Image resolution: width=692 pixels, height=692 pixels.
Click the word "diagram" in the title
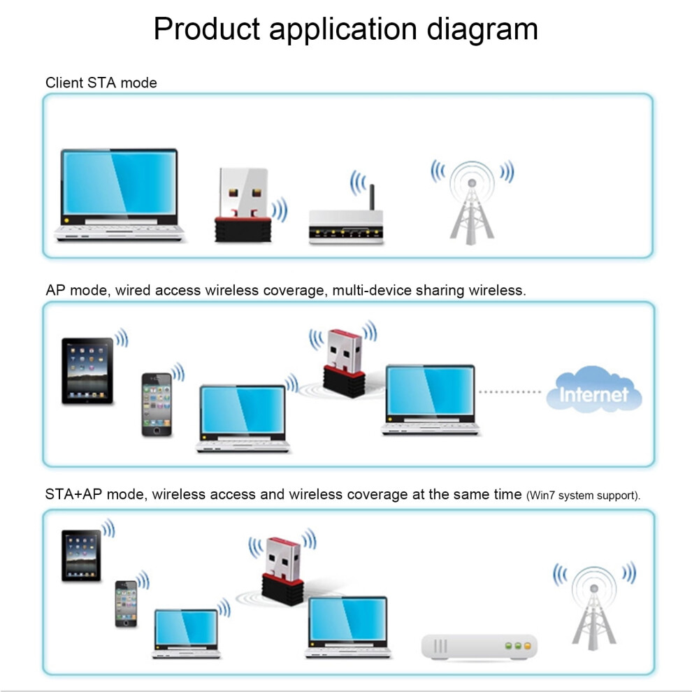[x=482, y=30]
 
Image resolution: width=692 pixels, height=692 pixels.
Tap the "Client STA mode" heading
[x=101, y=82]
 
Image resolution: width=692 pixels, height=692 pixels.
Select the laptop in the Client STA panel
[x=119, y=195]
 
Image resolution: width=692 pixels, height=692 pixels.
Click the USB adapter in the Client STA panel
[x=243, y=205]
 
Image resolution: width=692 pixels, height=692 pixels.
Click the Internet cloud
[x=594, y=390]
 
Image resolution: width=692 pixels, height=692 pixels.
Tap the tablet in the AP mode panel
[x=87, y=370]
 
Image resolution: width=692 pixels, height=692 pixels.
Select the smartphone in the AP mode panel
[x=157, y=405]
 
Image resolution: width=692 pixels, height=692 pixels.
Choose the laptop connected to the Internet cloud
[x=430, y=399]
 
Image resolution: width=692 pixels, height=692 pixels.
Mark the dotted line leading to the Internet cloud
[x=510, y=392]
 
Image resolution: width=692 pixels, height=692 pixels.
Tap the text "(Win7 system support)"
[x=582, y=496]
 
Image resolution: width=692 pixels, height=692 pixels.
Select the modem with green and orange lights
[x=480, y=647]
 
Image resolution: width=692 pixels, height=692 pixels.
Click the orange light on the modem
[x=527, y=646]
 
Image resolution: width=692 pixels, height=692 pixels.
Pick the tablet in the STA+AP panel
[x=81, y=555]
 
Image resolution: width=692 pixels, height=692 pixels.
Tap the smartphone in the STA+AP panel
[x=126, y=604]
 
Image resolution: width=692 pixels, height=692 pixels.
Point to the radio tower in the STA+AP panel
[x=593, y=608]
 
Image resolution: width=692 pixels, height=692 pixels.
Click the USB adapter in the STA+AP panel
[x=283, y=570]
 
